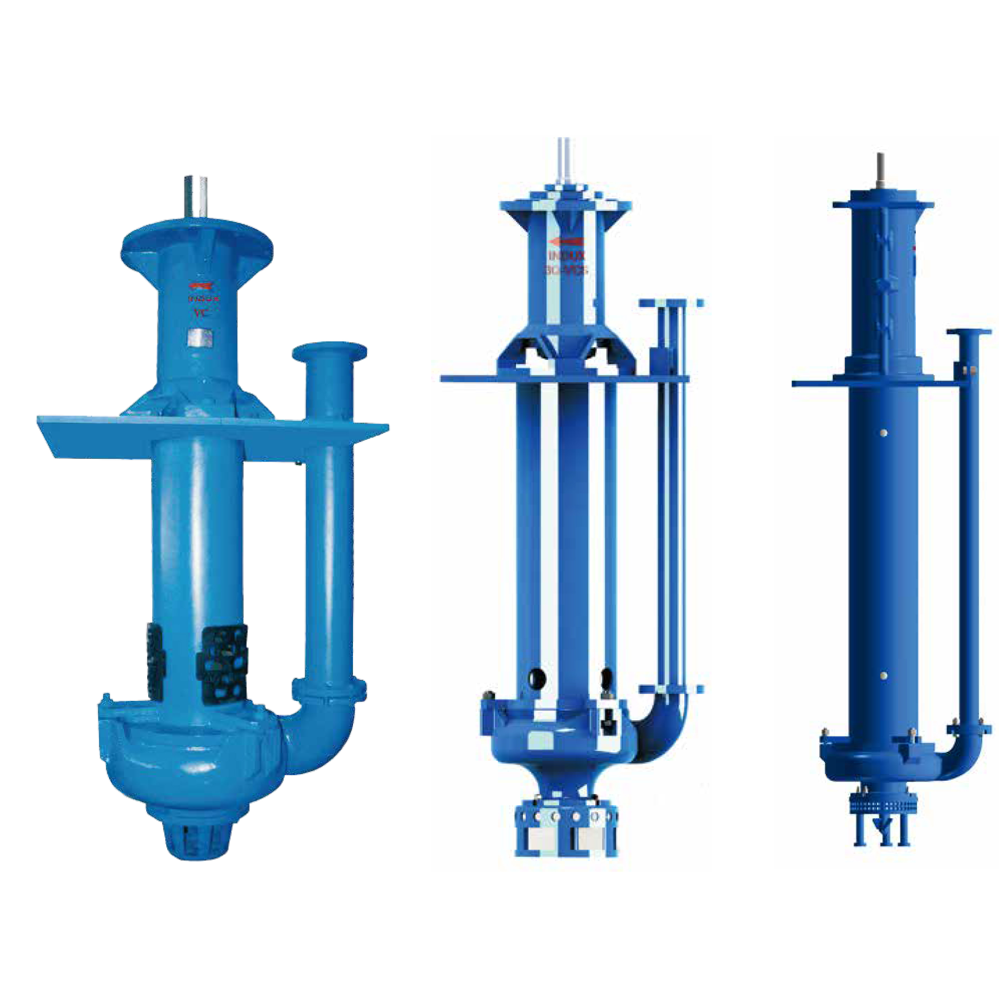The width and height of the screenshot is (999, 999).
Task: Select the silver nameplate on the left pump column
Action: pos(201,338)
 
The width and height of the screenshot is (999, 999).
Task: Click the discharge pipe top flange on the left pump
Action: pos(329,353)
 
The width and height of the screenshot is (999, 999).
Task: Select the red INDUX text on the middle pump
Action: pos(567,256)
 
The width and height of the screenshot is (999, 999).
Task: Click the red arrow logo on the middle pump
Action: pos(567,242)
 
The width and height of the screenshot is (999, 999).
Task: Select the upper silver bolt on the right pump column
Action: pos(884,432)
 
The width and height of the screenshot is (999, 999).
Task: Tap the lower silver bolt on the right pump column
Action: pos(884,676)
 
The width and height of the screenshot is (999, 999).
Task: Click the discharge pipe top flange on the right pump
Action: pos(968,332)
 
